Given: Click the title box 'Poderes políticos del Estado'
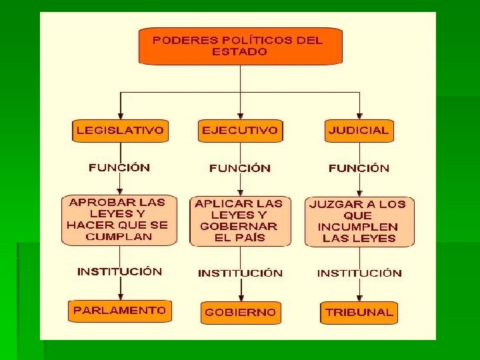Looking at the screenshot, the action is pyautogui.click(x=239, y=45).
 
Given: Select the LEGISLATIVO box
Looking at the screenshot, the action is pyautogui.click(x=120, y=131).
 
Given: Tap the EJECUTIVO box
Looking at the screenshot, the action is pyautogui.click(x=240, y=131).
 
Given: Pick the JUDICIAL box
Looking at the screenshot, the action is pyautogui.click(x=359, y=131).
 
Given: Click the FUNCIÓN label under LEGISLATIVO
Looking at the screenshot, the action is pyautogui.click(x=119, y=167).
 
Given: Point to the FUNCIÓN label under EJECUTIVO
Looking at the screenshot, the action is pyautogui.click(x=240, y=168).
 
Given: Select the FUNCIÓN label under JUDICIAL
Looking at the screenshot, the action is pyautogui.click(x=359, y=168).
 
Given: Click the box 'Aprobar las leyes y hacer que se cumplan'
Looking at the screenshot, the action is pyautogui.click(x=119, y=219).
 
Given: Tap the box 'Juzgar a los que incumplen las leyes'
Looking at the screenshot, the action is pyautogui.click(x=359, y=221).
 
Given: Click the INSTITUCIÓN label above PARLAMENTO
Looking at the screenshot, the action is pyautogui.click(x=119, y=271).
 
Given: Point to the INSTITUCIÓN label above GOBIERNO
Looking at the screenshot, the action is pyautogui.click(x=240, y=273).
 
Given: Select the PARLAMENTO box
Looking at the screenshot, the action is pyautogui.click(x=119, y=311).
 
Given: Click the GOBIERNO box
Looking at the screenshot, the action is pyautogui.click(x=240, y=312).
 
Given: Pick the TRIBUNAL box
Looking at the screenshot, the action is pyautogui.click(x=359, y=312).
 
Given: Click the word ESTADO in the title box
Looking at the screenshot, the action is pyautogui.click(x=239, y=51).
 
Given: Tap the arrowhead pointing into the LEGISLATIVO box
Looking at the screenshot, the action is pyautogui.click(x=120, y=115).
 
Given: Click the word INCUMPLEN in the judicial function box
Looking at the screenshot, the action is pyautogui.click(x=359, y=227).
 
